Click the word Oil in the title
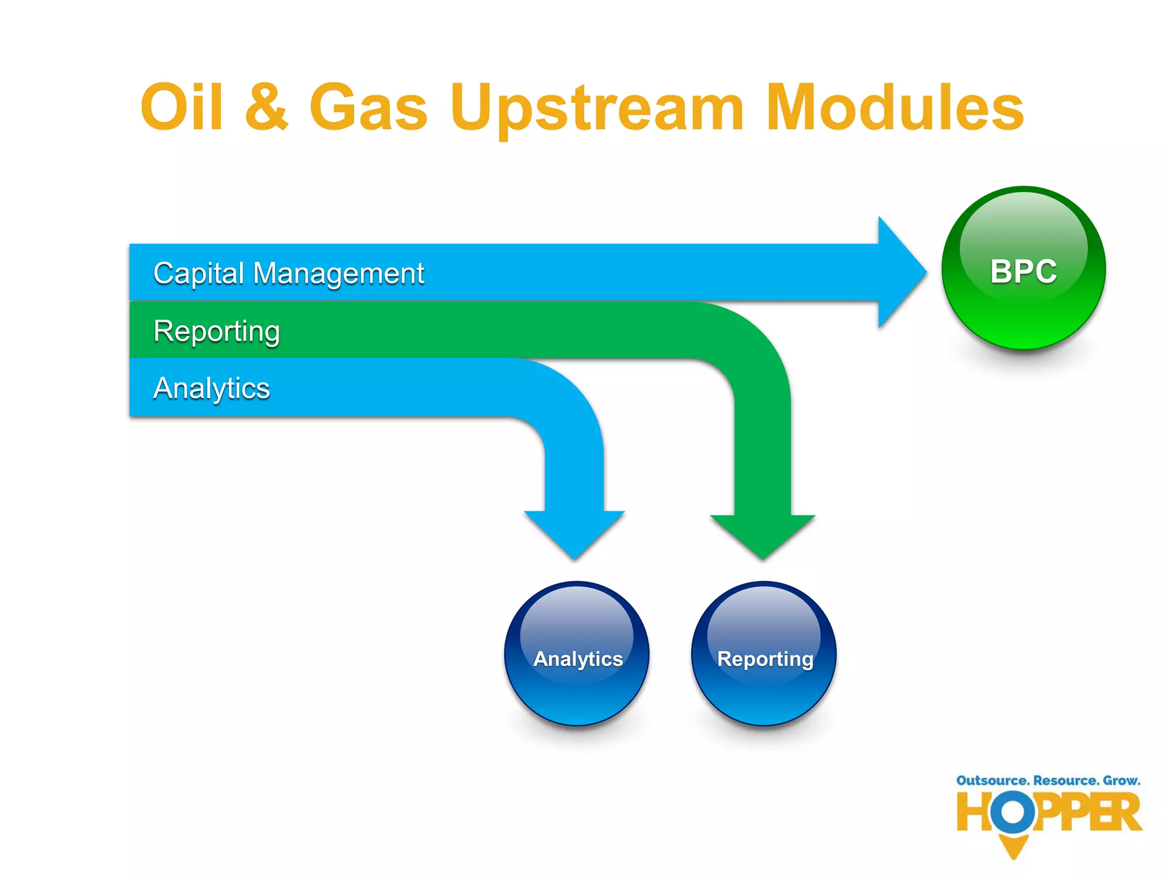tap(182, 107)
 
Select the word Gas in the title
tap(368, 107)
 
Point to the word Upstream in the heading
tap(597, 108)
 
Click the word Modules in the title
tap(894, 107)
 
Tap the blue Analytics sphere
tap(577, 654)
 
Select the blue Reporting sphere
tap(764, 654)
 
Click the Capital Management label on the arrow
tap(289, 273)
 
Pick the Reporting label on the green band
tap(217, 331)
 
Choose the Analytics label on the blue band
tap(211, 388)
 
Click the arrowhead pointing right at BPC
tap(900, 272)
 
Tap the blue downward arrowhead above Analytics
tap(574, 532)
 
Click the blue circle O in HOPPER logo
tap(1013, 812)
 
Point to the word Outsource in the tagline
tap(992, 780)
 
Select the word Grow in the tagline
tap(1121, 780)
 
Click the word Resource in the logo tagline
tap(1065, 780)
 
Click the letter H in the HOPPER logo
tap(972, 812)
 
